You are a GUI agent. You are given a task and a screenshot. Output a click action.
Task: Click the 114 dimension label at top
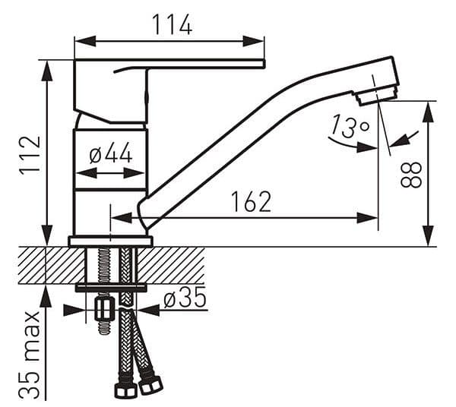172,24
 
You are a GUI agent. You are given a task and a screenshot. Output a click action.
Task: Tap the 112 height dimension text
30,156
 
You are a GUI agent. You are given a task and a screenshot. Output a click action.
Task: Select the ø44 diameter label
110,153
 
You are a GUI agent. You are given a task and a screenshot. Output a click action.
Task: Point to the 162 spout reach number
251,202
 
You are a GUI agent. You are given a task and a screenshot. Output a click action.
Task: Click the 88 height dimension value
411,175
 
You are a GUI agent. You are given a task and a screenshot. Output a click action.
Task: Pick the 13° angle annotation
350,126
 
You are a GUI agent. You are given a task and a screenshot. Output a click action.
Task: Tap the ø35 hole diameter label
185,297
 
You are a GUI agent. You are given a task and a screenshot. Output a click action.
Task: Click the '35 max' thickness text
30,355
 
